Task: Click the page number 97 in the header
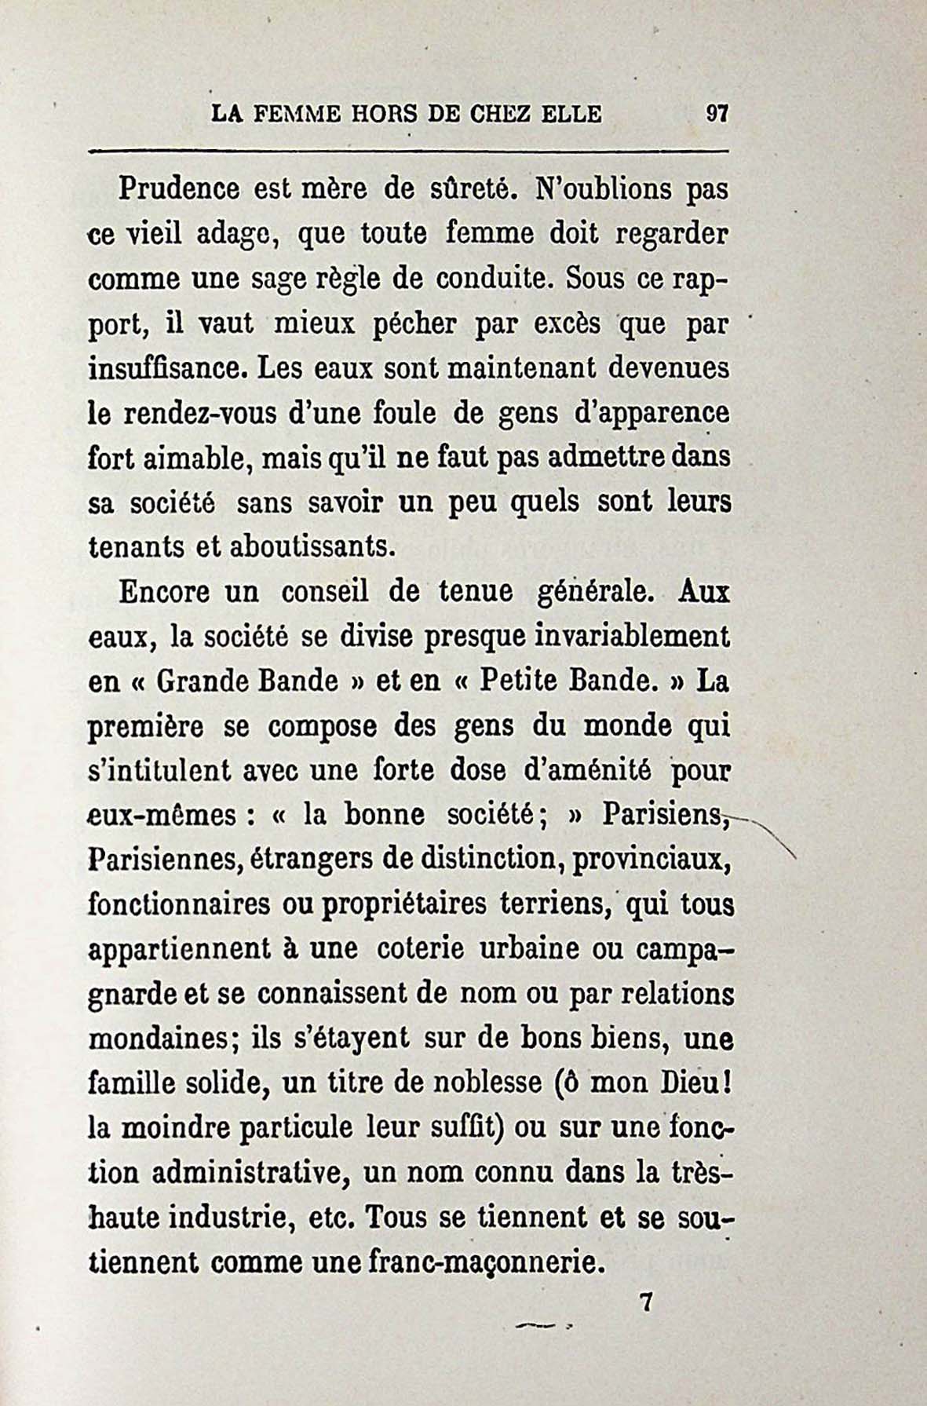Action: pyautogui.click(x=717, y=114)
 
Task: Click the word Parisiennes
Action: pyautogui.click(x=164, y=860)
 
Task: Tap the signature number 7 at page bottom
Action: pyautogui.click(x=647, y=1304)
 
